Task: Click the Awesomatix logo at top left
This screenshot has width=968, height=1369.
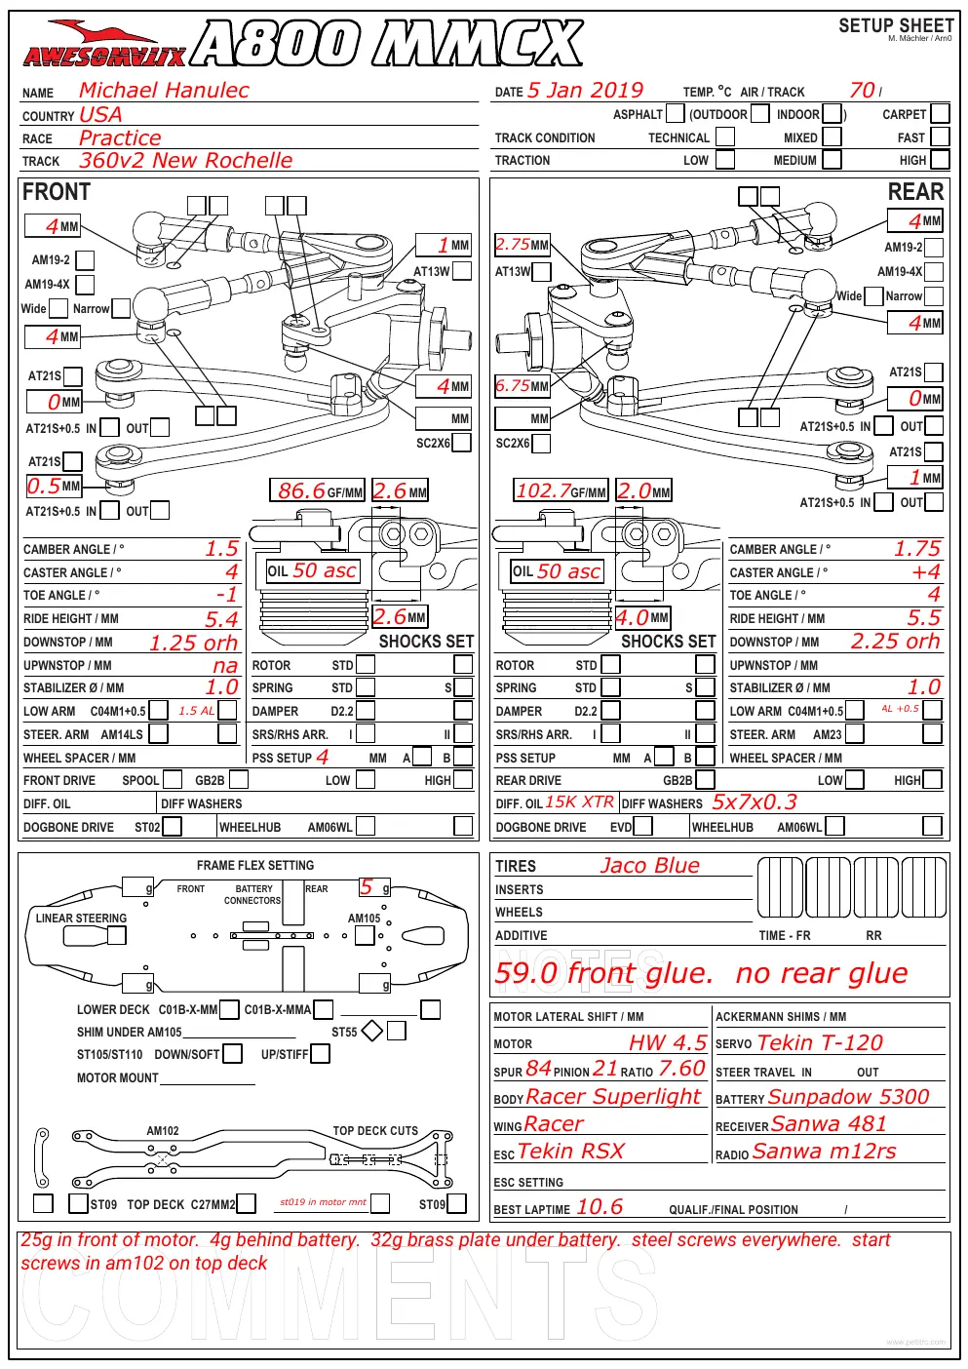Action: pyautogui.click(x=104, y=44)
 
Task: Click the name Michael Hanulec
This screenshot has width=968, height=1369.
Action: pyautogui.click(x=164, y=91)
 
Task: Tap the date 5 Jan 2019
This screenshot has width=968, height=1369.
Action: pyautogui.click(x=585, y=91)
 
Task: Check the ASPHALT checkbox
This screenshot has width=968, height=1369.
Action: pyautogui.click(x=675, y=114)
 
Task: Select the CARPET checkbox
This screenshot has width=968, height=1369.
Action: pyautogui.click(x=940, y=114)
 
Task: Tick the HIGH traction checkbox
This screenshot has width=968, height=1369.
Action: pyautogui.click(x=940, y=160)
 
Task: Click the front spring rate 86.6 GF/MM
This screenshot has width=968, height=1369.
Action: pyautogui.click(x=317, y=490)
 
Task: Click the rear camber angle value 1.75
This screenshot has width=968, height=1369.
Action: pyautogui.click(x=916, y=548)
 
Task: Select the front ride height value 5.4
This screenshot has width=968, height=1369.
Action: pyautogui.click(x=221, y=618)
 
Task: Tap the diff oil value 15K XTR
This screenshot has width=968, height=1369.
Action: pyautogui.click(x=579, y=802)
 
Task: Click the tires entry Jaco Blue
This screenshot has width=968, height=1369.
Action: pyautogui.click(x=649, y=865)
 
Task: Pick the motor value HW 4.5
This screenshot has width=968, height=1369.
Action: pyautogui.click(x=668, y=1042)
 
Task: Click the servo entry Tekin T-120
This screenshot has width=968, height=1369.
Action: pyautogui.click(x=820, y=1042)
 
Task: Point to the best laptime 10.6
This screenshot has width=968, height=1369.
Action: pyautogui.click(x=600, y=1206)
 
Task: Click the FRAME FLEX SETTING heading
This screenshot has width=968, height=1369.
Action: pyautogui.click(x=255, y=865)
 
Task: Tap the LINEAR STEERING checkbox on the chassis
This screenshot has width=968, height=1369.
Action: pyautogui.click(x=116, y=935)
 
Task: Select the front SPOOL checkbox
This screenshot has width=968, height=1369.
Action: pyautogui.click(x=173, y=779)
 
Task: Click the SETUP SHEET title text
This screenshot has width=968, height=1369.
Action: pyautogui.click(x=896, y=25)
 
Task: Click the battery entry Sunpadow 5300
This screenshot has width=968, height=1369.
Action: pyautogui.click(x=848, y=1096)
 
